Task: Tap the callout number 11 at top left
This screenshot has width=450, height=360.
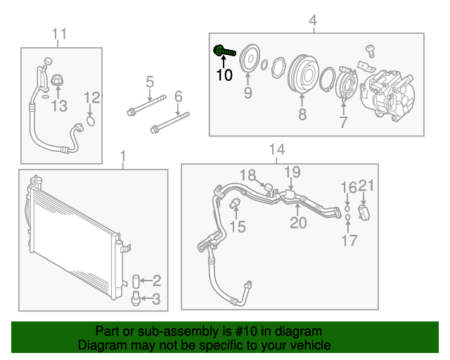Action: click(x=60, y=34)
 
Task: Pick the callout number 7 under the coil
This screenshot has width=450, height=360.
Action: click(x=343, y=123)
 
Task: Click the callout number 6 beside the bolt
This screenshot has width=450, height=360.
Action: click(x=178, y=96)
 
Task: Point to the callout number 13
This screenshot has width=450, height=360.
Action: click(x=59, y=106)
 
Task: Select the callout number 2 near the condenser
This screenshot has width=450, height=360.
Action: click(x=157, y=281)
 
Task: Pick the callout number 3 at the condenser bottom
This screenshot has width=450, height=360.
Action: click(x=157, y=300)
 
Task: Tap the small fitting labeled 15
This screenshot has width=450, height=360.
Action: click(x=236, y=204)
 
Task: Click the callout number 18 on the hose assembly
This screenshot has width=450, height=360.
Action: click(x=247, y=175)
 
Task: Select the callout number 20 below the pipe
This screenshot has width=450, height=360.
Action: click(x=299, y=224)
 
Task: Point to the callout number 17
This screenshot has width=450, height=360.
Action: click(x=349, y=240)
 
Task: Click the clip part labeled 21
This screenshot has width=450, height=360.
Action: click(x=364, y=212)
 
